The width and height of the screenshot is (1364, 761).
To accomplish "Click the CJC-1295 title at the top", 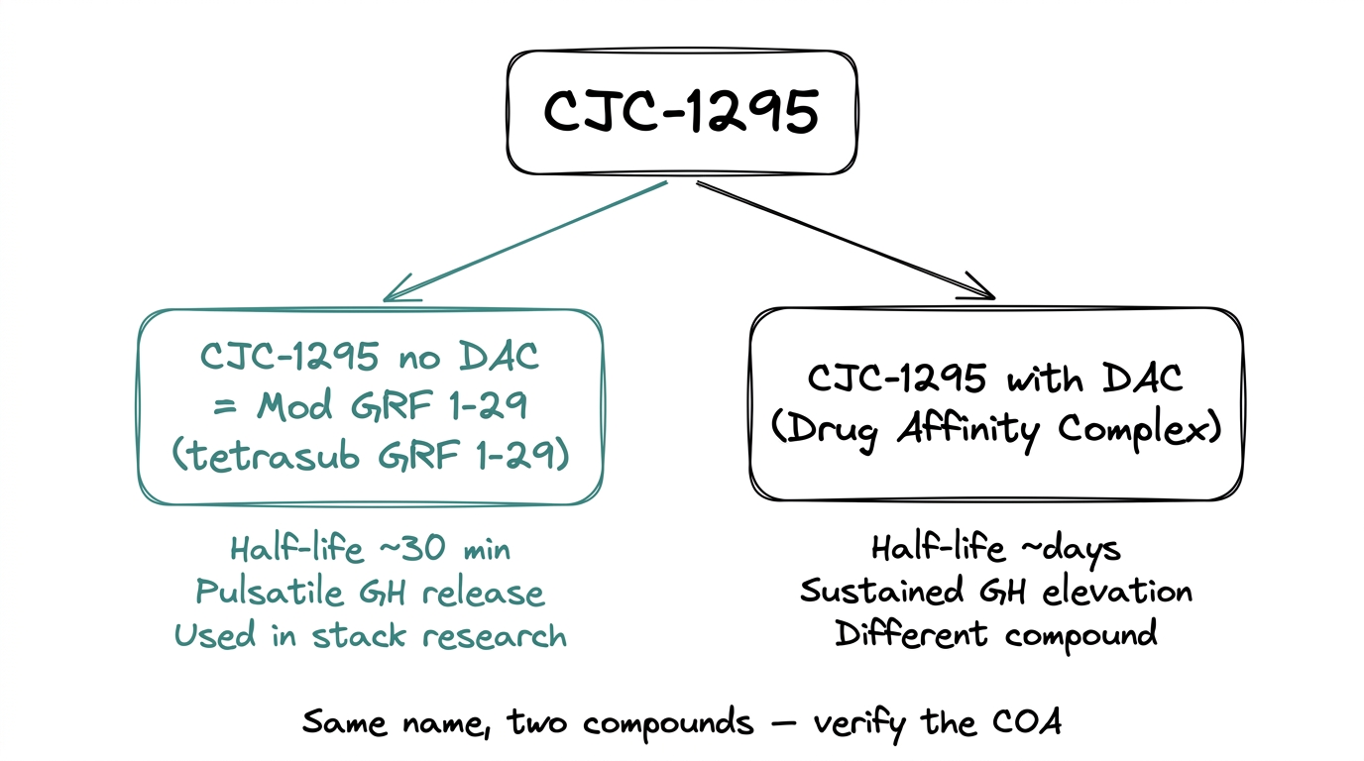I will pos(682,112).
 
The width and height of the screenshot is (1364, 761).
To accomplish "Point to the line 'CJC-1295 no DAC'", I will pos(370,356).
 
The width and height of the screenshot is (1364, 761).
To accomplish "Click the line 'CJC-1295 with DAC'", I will pos(995,379).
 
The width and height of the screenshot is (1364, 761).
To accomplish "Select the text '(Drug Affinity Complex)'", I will pos(995,430).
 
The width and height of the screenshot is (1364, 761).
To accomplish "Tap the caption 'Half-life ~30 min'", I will pos(370,548).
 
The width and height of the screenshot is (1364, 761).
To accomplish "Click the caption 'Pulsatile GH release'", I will pos(370,592).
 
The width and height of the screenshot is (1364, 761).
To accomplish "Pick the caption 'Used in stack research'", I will pos(370,635).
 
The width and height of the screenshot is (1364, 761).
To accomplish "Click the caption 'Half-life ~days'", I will pos(995,548).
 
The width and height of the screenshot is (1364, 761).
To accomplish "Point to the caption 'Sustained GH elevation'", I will pos(995,591).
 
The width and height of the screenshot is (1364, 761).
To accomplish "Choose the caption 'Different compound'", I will pos(995,633).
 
